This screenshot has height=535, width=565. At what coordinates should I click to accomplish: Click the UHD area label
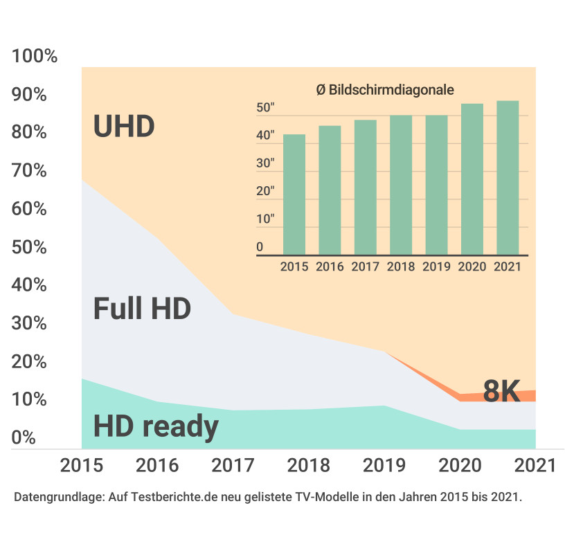click(x=124, y=127)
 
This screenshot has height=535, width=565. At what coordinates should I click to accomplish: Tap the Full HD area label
click(x=141, y=309)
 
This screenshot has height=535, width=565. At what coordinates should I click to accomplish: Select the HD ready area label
click(x=156, y=426)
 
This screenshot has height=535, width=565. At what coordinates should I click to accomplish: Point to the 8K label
click(x=501, y=392)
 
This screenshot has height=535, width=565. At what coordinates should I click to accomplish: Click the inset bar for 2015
click(x=294, y=194)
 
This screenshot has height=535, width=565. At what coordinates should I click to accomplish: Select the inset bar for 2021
click(x=508, y=178)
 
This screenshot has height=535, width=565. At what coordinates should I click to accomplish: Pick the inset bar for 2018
click(x=401, y=185)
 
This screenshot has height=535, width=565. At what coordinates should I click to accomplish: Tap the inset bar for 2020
click(x=472, y=179)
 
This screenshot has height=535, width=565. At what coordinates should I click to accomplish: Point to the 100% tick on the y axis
click(x=35, y=57)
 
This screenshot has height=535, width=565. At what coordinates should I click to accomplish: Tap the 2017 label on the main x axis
click(x=233, y=465)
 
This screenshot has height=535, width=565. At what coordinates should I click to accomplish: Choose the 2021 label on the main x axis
click(x=535, y=465)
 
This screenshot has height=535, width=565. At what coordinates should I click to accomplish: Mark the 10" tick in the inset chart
click(x=266, y=219)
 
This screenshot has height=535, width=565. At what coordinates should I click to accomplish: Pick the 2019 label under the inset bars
click(x=436, y=266)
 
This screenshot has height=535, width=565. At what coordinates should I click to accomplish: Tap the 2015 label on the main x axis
click(x=82, y=465)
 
